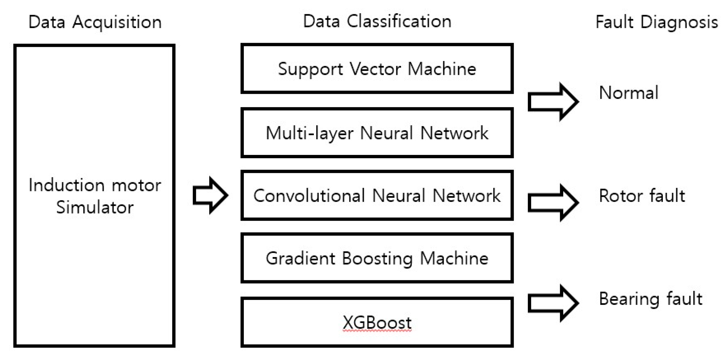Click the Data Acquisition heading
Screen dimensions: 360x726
click(x=95, y=23)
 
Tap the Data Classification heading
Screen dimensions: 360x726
click(x=377, y=22)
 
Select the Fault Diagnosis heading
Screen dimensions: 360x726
click(x=657, y=23)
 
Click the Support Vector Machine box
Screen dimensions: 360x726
click(x=377, y=69)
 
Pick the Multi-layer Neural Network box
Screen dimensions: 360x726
click(x=377, y=133)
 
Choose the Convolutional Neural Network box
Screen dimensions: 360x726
click(x=377, y=195)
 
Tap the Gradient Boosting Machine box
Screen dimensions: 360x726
click(x=377, y=258)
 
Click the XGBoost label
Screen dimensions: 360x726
click(x=377, y=323)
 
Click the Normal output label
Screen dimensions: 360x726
click(x=629, y=93)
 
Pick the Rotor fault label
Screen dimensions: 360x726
click(x=642, y=196)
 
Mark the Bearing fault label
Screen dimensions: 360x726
click(x=651, y=299)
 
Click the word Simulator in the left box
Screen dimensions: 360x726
click(x=95, y=208)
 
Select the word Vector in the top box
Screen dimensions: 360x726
click(x=375, y=69)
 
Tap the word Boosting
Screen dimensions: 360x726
click(x=377, y=259)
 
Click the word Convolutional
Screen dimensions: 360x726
click(x=309, y=195)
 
